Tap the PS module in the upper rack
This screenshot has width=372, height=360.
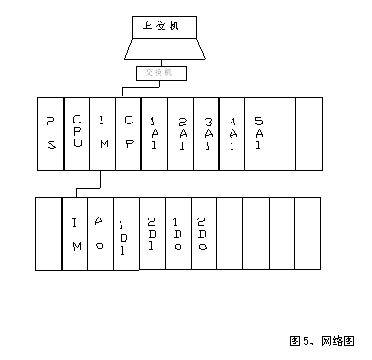(x=49, y=133)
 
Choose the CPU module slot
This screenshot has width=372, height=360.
(x=77, y=133)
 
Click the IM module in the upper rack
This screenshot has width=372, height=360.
(x=102, y=133)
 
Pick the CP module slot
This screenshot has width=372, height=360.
(x=128, y=133)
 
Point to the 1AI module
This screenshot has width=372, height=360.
(x=154, y=133)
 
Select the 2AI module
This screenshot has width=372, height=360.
(x=180, y=133)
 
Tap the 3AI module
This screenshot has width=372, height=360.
(x=206, y=133)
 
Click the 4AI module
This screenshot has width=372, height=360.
(x=232, y=133)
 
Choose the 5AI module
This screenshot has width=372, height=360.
(x=258, y=133)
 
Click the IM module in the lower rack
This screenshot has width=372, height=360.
(x=76, y=233)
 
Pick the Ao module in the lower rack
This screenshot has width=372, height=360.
(x=101, y=233)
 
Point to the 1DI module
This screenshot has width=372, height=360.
(x=126, y=233)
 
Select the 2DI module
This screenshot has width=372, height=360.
(x=152, y=233)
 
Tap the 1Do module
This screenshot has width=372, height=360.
(x=177, y=233)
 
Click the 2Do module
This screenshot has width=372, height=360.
(x=203, y=233)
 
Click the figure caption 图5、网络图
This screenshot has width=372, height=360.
(x=322, y=339)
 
